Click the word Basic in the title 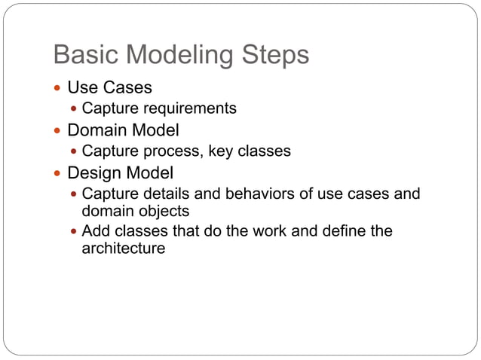pyautogui.click(x=84, y=55)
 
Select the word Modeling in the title pyautogui.click(x=181, y=55)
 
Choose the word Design pyautogui.click(x=96, y=172)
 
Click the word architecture pyautogui.click(x=123, y=248)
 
